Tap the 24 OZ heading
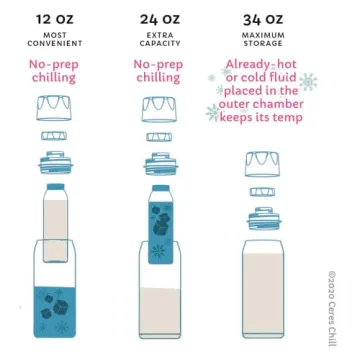(160, 19)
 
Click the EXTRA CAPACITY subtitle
(160, 41)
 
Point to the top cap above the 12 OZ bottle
(54, 106)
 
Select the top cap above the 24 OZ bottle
(160, 106)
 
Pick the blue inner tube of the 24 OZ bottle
(160, 235)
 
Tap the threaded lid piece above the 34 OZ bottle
(263, 214)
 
